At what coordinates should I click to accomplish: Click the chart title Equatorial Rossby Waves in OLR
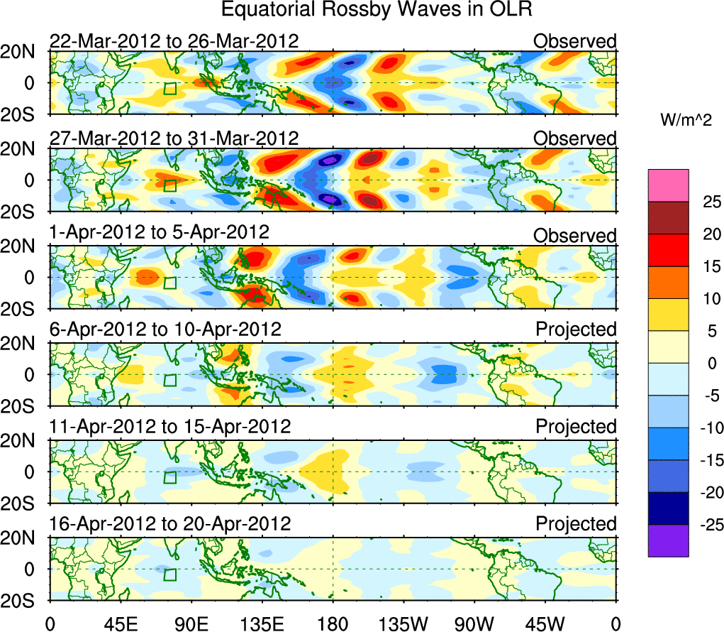(377, 10)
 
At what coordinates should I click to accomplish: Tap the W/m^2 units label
(686, 120)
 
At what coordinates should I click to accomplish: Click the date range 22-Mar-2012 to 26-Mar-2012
(174, 41)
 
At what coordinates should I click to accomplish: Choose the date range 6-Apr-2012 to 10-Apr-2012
(165, 329)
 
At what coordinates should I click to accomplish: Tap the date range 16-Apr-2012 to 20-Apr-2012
(170, 524)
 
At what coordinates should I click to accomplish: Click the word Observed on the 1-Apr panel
(575, 236)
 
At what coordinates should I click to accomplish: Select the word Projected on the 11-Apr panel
(576, 427)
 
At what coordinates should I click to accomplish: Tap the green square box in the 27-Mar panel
(169, 185)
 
